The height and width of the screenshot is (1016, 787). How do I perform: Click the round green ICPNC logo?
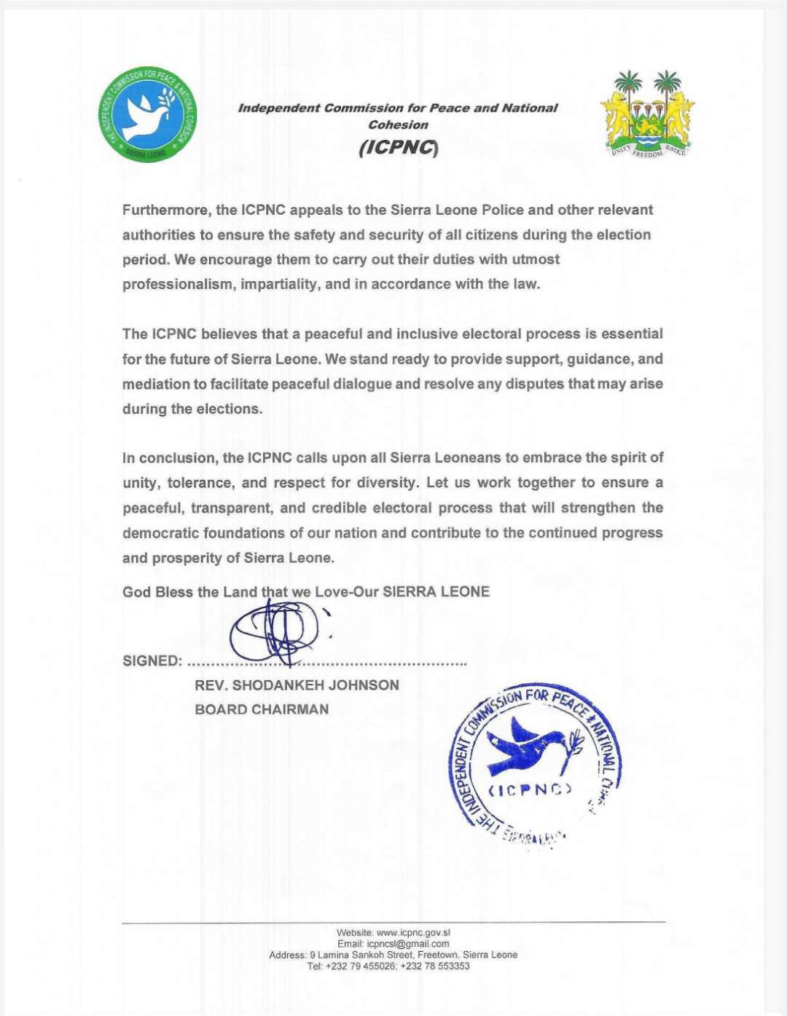click(147, 117)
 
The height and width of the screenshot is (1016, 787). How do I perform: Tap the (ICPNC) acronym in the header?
click(398, 148)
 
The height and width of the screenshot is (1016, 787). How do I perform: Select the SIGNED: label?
click(152, 661)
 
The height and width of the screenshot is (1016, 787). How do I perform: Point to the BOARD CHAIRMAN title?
click(262, 709)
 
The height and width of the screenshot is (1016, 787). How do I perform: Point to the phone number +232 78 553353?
click(435, 966)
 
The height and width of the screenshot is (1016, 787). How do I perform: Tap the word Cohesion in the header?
click(398, 125)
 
